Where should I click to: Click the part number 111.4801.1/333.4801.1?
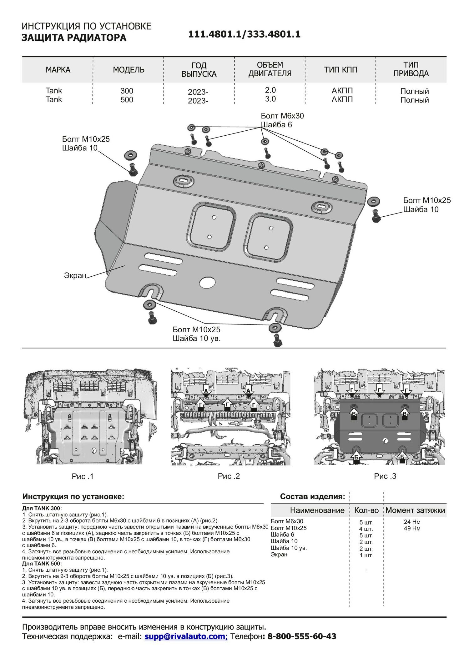(244, 34)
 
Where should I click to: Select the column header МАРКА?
(58, 70)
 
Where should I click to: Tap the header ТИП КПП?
(340, 70)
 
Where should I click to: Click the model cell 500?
(127, 100)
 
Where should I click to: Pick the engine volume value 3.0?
(270, 99)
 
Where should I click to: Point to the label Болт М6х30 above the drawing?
(282, 116)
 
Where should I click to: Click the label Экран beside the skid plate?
(75, 275)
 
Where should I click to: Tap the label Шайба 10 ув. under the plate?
(197, 338)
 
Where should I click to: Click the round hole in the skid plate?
(207, 283)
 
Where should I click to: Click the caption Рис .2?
(229, 476)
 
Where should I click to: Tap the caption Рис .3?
(385, 476)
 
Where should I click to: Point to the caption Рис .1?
(83, 476)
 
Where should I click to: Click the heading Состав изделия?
(313, 496)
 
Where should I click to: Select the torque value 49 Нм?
(412, 528)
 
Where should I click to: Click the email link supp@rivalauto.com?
(186, 636)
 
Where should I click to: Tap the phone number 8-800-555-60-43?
(302, 636)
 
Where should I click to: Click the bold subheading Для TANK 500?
(42, 564)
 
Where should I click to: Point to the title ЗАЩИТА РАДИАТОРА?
(74, 38)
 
